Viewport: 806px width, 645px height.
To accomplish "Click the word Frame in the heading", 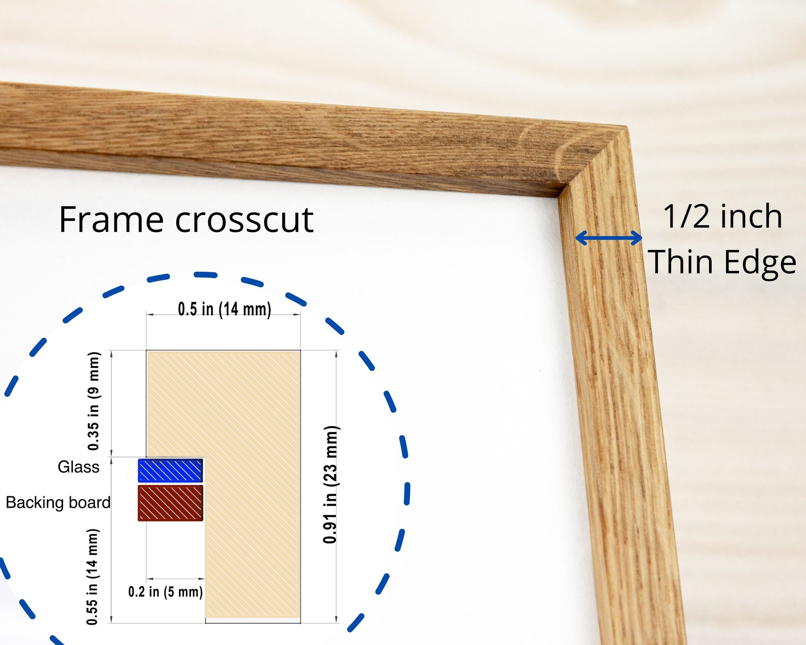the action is (111, 220).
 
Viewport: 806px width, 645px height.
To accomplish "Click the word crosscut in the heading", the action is (244, 220).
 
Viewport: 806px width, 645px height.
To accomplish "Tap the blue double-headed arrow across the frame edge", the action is (608, 238).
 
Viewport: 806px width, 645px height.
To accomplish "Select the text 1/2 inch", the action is (722, 217).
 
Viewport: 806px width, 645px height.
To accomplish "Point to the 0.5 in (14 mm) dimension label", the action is (224, 309).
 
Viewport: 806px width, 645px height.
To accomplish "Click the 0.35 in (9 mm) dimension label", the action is (94, 401).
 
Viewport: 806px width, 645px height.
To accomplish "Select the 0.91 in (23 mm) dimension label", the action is (331, 484).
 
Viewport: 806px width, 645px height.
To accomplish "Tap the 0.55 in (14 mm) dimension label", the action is (92, 577).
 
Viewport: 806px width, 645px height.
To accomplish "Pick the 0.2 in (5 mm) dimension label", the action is (166, 592).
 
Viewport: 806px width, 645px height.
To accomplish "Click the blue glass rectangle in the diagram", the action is (170, 471).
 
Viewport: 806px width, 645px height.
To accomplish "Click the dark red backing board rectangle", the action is (170, 503).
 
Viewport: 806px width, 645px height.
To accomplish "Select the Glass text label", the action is (79, 467).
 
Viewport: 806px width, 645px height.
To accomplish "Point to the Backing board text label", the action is (58, 503).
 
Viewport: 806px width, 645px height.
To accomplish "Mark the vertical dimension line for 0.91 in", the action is (336, 486).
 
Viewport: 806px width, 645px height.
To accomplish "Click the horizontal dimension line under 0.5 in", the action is (223, 315).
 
